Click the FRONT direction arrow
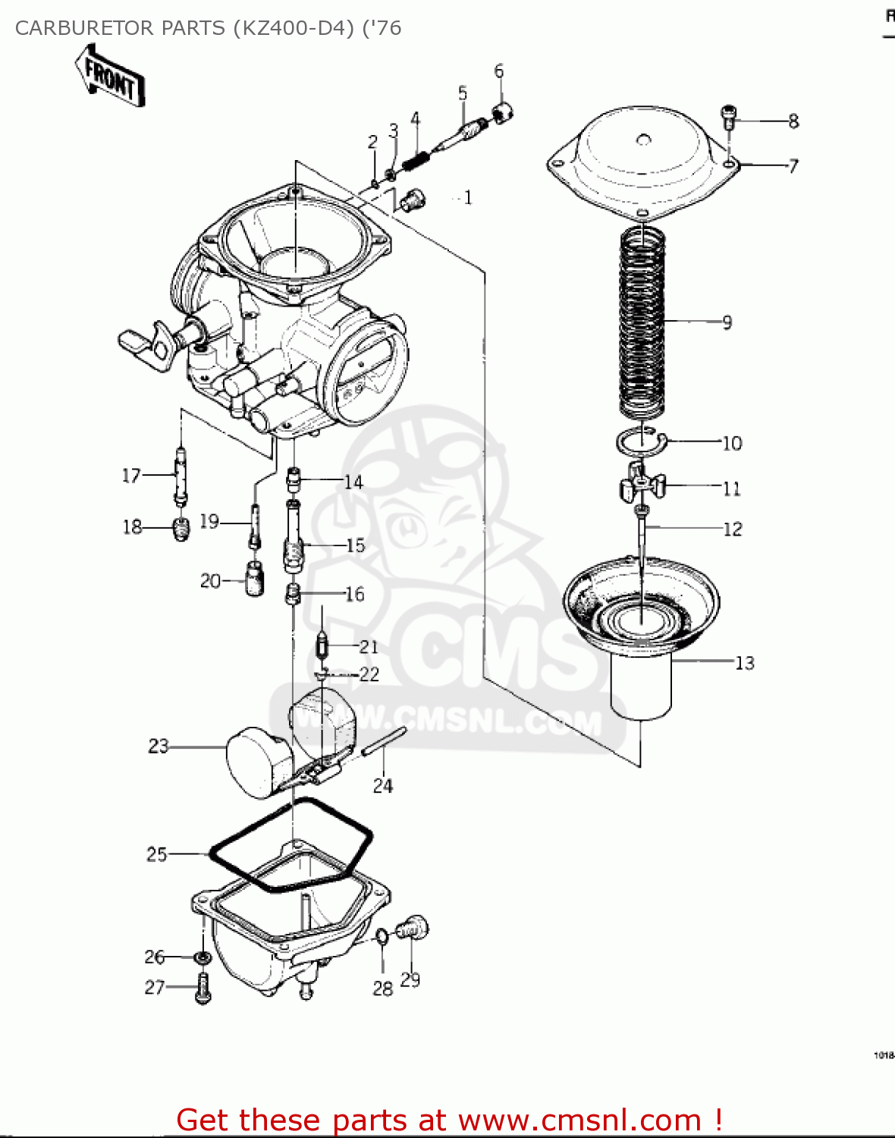pos(111,77)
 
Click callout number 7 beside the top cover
pos(793,166)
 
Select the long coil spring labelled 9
pos(642,322)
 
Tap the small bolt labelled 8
pos(728,116)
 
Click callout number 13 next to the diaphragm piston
pos(745,663)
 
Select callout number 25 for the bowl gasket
pos(156,854)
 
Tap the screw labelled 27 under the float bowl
pos(203,988)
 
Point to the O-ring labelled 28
pos(382,938)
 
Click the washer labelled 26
pos(203,958)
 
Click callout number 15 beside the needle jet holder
pos(355,545)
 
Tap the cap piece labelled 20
pos(254,580)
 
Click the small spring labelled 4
pos(416,160)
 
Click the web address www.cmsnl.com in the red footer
pos(580,1120)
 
